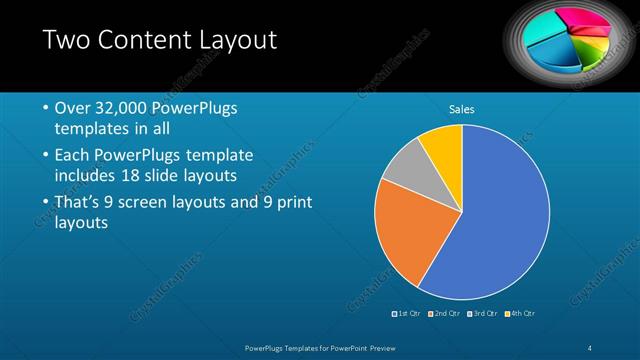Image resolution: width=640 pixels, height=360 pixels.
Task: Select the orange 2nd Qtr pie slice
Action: [x=405, y=235]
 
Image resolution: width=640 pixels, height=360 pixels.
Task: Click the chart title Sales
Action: [x=461, y=110]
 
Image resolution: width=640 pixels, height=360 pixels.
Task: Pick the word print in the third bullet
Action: [x=291, y=203]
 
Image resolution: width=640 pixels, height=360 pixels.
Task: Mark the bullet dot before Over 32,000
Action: [x=45, y=108]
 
